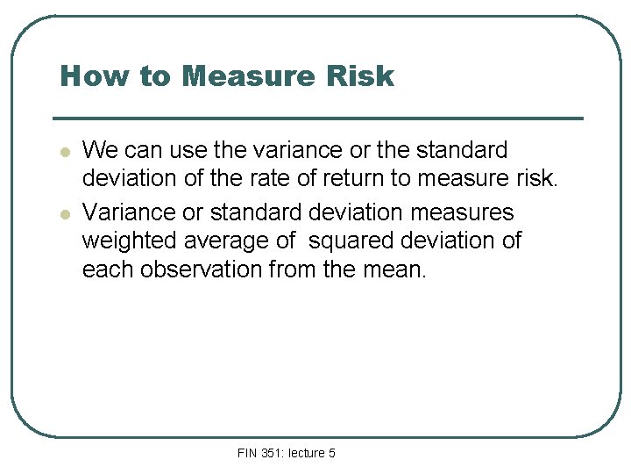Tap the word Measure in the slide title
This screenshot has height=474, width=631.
pyautogui.click(x=247, y=77)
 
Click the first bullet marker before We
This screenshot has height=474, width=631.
pyautogui.click(x=64, y=152)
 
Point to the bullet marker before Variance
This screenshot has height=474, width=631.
pyautogui.click(x=64, y=214)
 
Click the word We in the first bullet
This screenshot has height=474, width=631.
pyautogui.click(x=98, y=150)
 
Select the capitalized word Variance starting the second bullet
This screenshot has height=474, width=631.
pyautogui.click(x=124, y=212)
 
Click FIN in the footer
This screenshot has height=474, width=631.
pyautogui.click(x=247, y=453)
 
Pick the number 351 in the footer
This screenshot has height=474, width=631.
pyautogui.click(x=271, y=453)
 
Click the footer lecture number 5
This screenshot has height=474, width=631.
pyautogui.click(x=331, y=453)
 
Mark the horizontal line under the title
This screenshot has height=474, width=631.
pyautogui.click(x=317, y=118)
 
